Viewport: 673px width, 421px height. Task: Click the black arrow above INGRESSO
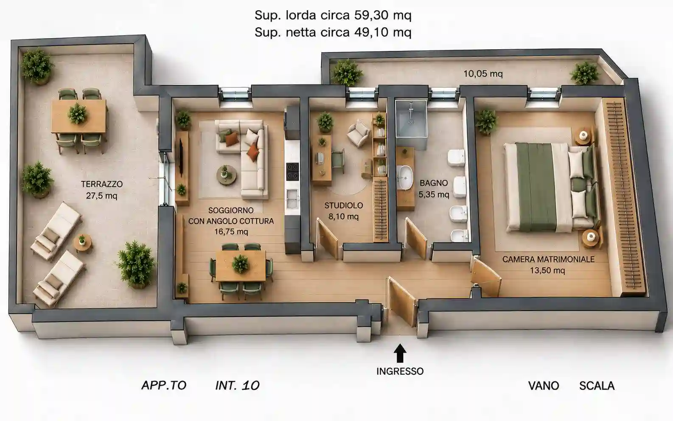tap(400, 354)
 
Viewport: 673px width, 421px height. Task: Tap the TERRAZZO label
tap(102, 184)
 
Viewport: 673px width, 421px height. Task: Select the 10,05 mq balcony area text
tap(483, 73)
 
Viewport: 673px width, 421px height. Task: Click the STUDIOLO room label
tap(344, 205)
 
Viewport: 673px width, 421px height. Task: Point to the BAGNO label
tap(434, 183)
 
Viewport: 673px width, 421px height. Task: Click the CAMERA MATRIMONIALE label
tap(548, 259)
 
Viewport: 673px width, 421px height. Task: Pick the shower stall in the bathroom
tap(411, 119)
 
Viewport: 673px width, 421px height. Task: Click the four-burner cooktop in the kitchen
tap(292, 171)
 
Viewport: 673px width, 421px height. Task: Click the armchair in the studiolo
tap(359, 133)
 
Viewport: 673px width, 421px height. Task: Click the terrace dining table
tap(79, 116)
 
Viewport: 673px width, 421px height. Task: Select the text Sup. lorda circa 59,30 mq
tap(333, 15)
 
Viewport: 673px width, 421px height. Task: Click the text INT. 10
tap(237, 385)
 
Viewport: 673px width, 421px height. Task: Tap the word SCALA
tap(597, 386)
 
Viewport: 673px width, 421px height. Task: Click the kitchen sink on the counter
tap(292, 198)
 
